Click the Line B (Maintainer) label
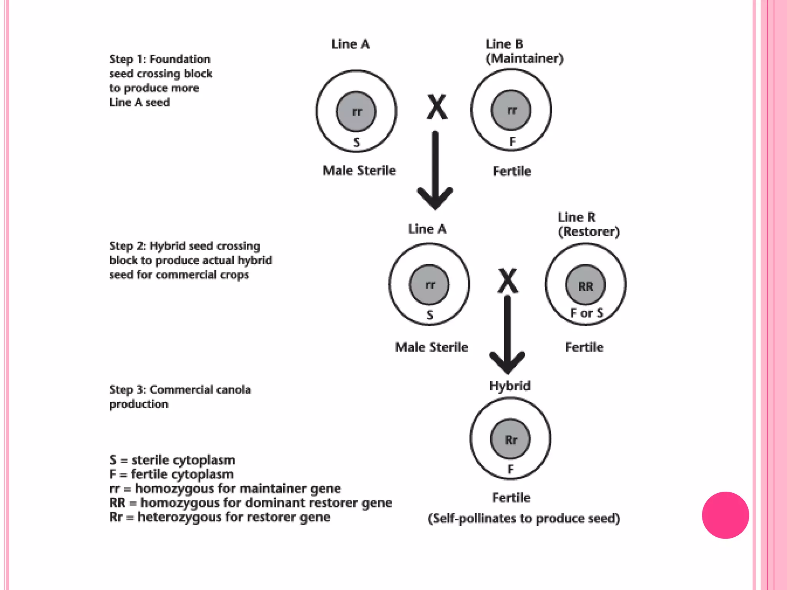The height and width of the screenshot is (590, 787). tap(524, 51)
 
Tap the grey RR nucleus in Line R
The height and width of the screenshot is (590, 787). tap(585, 285)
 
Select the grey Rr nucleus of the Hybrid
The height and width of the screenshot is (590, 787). tap(510, 439)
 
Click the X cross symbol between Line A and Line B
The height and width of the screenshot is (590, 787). tap(437, 107)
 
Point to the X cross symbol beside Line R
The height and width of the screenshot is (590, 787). tap(508, 280)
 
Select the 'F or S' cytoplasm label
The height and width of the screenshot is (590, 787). tap(586, 313)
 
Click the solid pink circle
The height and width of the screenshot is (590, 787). tap(725, 515)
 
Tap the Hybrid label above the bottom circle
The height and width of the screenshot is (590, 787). tap(510, 386)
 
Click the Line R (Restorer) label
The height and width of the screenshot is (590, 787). tap(588, 225)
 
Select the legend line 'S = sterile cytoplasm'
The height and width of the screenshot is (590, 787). tap(172, 460)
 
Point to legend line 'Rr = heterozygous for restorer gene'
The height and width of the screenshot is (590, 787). tap(219, 517)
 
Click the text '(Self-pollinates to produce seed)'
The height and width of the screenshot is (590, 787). tap(524, 518)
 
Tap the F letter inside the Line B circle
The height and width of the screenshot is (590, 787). tap(512, 142)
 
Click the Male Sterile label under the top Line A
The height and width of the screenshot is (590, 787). tap(359, 171)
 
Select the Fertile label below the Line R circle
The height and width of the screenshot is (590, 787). tap(584, 347)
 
